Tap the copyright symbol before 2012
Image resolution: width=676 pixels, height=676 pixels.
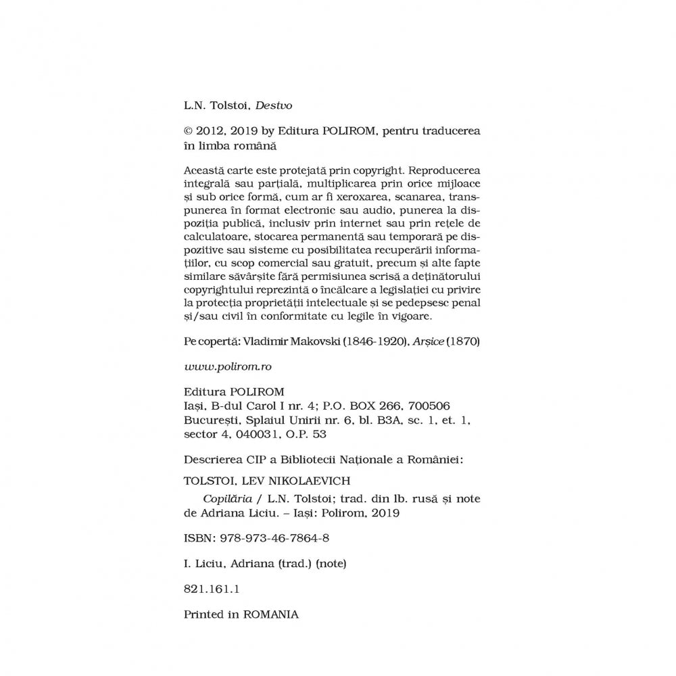[189, 130]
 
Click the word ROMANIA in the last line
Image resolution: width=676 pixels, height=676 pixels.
[270, 614]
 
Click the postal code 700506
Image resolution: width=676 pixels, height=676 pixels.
[428, 404]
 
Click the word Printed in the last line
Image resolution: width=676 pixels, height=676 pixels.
[205, 614]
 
